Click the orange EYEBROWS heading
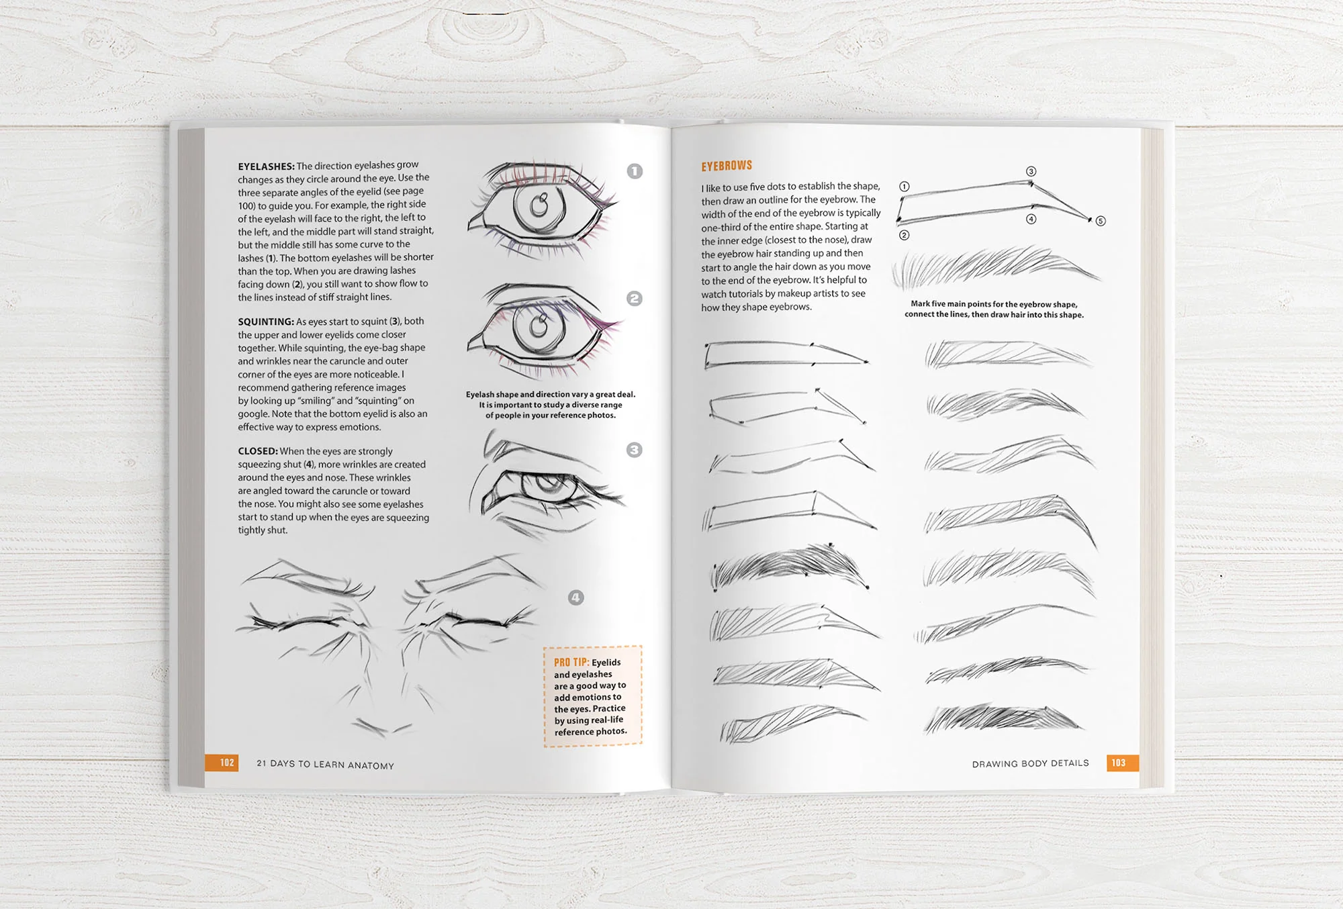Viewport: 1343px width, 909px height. coord(727,166)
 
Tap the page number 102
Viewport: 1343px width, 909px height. coord(227,763)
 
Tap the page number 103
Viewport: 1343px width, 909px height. coord(1118,763)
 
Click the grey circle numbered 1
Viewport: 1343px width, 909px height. coord(635,171)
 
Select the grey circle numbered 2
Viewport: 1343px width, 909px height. coord(634,299)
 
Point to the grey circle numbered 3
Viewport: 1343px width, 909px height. coord(634,450)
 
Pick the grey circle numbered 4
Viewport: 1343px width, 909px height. coord(575,597)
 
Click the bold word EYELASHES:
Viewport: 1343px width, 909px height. coord(266,166)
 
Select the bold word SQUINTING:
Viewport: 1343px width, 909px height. coord(266,322)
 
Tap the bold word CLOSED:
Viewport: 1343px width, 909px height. coord(257,451)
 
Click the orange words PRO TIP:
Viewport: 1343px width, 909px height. coord(571,662)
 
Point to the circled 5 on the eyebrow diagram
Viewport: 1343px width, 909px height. coord(1100,221)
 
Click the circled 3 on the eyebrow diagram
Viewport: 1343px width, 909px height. coord(1031,171)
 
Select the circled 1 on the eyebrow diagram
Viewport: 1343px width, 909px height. coord(905,187)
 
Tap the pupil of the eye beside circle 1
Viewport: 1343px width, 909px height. coord(539,205)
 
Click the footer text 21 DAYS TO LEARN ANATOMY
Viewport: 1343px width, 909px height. coord(325,764)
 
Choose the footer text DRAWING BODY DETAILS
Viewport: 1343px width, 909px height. coord(1030,763)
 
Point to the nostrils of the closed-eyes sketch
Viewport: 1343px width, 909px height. coord(383,726)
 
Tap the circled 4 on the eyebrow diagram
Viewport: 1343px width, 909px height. coord(1031,219)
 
